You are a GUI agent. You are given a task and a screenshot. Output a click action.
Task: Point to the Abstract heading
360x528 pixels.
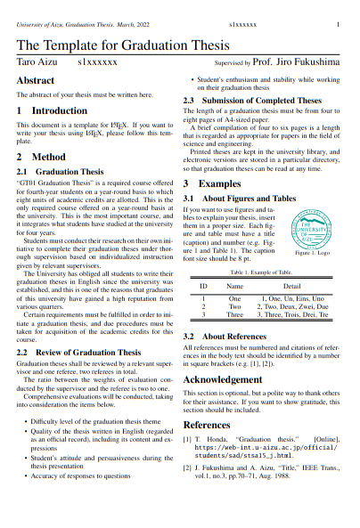[x=36, y=81]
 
